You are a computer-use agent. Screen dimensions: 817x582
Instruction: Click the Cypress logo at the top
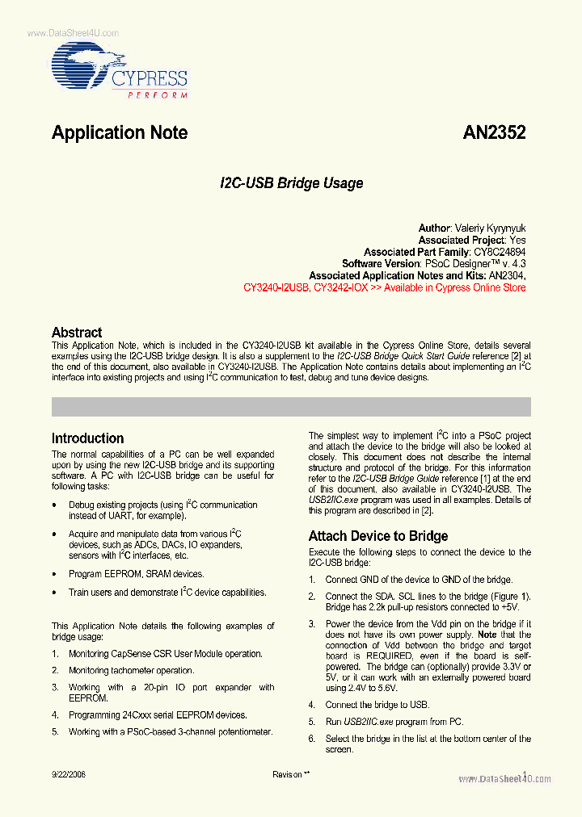click(x=120, y=69)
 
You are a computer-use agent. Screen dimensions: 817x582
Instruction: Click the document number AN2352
click(x=494, y=133)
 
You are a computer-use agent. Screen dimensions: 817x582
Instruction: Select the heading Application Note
click(x=120, y=133)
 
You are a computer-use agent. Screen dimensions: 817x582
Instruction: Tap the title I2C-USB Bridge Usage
click(x=291, y=183)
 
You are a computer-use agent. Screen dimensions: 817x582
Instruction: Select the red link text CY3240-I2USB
click(x=276, y=287)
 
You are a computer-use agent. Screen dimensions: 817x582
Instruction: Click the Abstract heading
click(x=77, y=332)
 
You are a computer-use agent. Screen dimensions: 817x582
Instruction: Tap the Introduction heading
click(x=87, y=438)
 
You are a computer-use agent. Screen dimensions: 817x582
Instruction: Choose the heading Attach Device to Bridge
click(x=378, y=536)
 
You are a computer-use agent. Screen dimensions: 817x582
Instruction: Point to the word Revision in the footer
click(x=287, y=774)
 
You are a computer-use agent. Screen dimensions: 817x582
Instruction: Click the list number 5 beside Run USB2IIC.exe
click(x=312, y=722)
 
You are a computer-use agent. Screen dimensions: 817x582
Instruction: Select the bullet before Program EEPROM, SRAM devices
click(x=54, y=575)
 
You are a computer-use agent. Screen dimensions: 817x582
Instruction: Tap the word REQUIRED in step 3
click(x=391, y=656)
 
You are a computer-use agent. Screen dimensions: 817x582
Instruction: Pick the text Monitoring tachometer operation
click(x=131, y=670)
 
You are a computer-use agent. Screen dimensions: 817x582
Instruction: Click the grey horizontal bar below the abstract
click(x=291, y=406)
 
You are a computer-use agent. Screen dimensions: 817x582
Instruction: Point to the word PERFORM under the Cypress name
click(x=158, y=94)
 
